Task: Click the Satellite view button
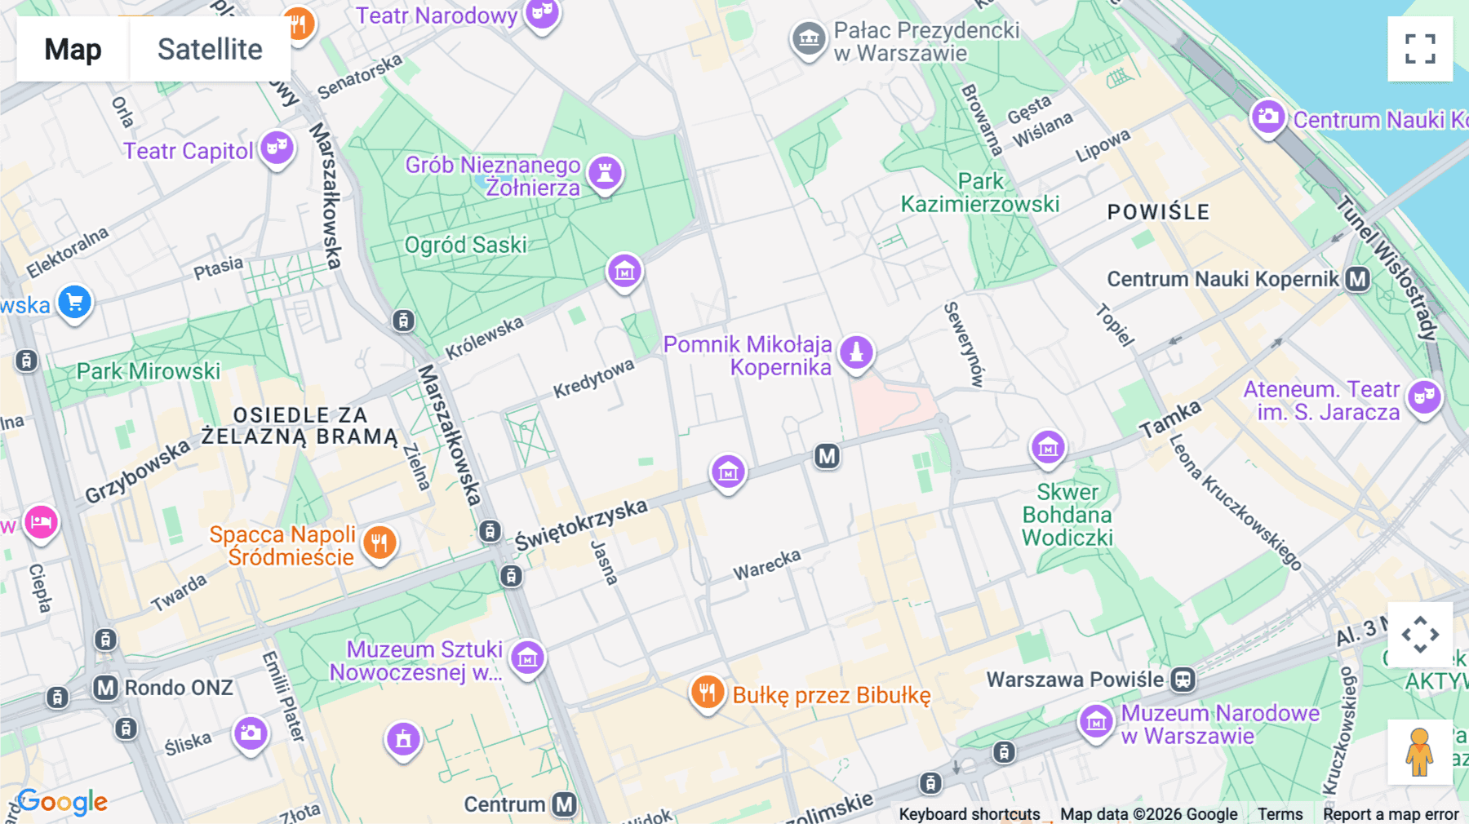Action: point(210,49)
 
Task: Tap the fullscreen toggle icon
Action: point(1420,49)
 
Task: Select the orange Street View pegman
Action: point(1419,752)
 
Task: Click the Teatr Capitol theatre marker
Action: point(277,148)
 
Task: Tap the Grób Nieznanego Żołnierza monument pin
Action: point(605,173)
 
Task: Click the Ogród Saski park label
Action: point(465,245)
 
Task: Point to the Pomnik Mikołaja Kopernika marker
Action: point(856,352)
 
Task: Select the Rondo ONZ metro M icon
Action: point(105,688)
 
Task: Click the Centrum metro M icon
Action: point(564,804)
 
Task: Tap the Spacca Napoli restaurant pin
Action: point(379,542)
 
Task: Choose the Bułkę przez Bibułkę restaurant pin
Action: point(707,693)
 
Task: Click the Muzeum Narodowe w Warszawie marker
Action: point(1096,722)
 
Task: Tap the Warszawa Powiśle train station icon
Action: point(1183,679)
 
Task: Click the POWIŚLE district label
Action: point(1157,212)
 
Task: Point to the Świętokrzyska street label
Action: point(580,525)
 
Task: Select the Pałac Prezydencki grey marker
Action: point(808,38)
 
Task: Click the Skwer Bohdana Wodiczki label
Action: point(1067,515)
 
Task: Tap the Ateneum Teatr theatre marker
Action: point(1424,397)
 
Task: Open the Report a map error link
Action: point(1390,814)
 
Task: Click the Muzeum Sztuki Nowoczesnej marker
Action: point(527,657)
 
